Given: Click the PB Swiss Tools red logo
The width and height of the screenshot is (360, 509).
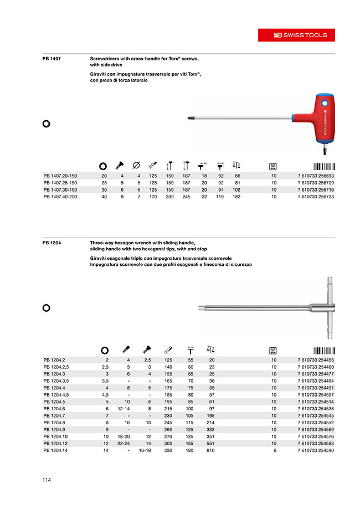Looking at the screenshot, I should pos(301,35).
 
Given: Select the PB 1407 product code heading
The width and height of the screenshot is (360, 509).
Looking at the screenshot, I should pos(52,58).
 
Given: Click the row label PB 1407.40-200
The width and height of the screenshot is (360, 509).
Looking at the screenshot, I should pos(61,197).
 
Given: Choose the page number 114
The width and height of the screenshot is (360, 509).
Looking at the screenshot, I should pos(47,480).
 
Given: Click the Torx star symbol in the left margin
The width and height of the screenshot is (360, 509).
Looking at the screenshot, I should pos(47,124).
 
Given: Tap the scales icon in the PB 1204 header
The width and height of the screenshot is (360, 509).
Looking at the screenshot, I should pos(210,350).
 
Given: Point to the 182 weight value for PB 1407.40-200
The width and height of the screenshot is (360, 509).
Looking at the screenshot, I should pos(238,197).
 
